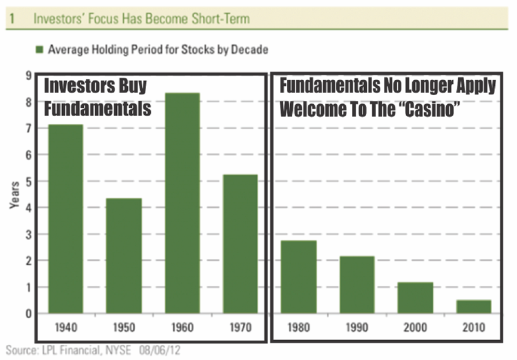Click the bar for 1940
[x=66, y=219]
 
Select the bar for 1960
[x=182, y=203]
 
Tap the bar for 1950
[x=124, y=256]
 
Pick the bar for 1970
[x=240, y=244]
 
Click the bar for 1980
[x=299, y=277]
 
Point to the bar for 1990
[x=357, y=285]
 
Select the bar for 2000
[x=416, y=298]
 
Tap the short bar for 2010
[x=474, y=306]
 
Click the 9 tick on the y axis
[x=29, y=76]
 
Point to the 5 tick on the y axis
[x=29, y=182]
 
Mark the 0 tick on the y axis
[x=29, y=313]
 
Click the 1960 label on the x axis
[x=182, y=328]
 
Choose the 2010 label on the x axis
[x=474, y=328]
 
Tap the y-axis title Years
[x=14, y=195]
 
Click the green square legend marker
[x=39, y=50]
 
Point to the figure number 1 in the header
[x=12, y=19]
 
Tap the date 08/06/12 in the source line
[x=160, y=350]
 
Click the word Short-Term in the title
[x=220, y=19]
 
